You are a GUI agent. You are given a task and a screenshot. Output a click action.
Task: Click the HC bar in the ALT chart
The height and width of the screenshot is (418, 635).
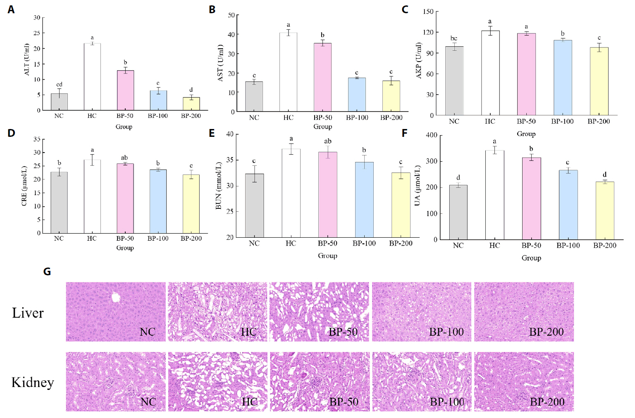92,77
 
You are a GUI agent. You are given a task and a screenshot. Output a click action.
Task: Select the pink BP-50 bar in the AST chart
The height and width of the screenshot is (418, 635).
322,77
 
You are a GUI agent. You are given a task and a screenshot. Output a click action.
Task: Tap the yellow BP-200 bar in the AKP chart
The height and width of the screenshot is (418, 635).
599,81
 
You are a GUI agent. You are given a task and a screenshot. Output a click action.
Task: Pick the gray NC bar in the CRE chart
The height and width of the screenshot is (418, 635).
59,203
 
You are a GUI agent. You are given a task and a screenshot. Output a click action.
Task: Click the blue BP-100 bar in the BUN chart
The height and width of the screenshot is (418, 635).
364,200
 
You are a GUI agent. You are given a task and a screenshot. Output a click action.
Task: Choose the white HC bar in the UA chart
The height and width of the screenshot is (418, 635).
494,195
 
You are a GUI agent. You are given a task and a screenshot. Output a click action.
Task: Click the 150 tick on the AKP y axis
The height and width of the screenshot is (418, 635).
428,12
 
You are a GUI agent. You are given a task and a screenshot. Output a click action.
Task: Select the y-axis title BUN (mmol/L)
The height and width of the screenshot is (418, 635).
219,186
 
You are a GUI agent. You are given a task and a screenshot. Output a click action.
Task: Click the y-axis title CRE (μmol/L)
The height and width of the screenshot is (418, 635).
24,186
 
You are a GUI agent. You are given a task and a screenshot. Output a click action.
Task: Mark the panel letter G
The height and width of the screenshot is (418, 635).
47,272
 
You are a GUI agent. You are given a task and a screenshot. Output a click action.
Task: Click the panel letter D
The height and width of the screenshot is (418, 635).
11,133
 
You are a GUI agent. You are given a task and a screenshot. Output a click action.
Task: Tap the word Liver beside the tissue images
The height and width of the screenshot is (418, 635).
28,313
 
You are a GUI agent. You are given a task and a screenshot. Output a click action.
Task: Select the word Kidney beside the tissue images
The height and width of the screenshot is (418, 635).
33,382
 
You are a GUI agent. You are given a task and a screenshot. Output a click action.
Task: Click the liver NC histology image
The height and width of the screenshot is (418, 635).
116,312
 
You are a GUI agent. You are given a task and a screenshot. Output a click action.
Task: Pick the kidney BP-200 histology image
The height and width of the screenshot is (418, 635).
524,382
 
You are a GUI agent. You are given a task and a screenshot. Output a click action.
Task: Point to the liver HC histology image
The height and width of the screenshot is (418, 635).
217,312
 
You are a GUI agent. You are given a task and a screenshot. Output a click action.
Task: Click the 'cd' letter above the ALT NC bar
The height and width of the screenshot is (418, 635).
59,85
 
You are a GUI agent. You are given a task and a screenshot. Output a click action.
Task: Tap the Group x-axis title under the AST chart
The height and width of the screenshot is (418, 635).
322,127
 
